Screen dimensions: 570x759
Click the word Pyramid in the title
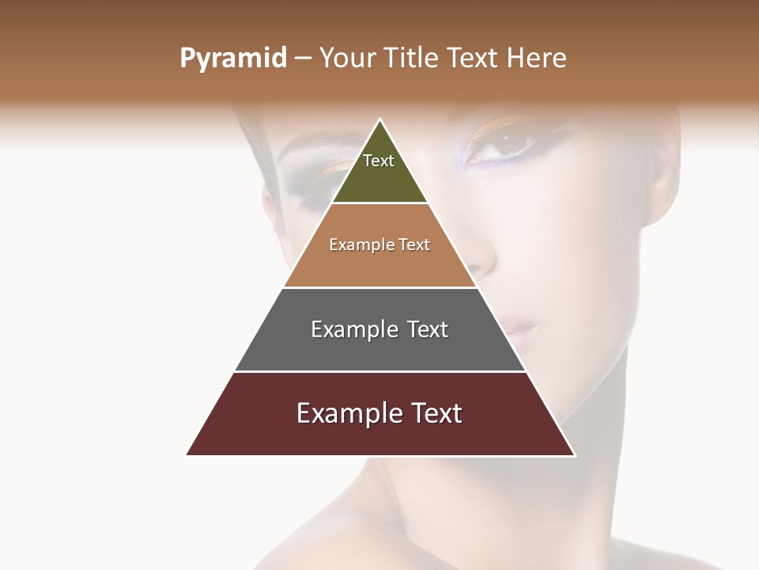(x=232, y=59)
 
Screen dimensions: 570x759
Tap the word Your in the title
(x=348, y=59)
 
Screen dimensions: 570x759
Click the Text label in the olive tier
(x=379, y=161)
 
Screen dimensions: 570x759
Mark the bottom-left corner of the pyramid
(x=187, y=455)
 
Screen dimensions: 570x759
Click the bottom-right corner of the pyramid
(x=575, y=455)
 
